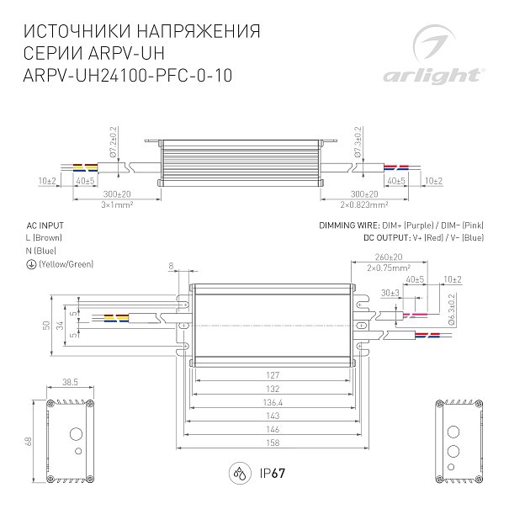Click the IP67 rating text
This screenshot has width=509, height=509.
tap(268, 472)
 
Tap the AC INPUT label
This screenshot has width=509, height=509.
tap(45, 226)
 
